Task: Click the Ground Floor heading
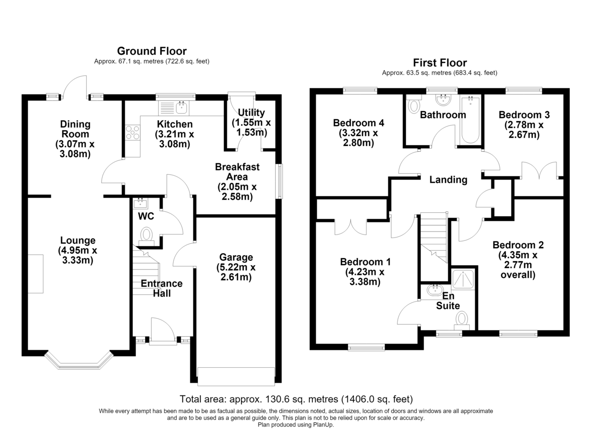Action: point(152,51)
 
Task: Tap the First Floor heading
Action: point(440,63)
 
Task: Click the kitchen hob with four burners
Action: point(132,132)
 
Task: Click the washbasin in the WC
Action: point(141,203)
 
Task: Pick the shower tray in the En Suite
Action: point(463,279)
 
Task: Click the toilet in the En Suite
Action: point(462,320)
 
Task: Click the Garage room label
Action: point(236,257)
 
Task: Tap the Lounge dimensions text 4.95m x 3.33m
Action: point(77,255)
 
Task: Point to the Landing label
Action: point(448,180)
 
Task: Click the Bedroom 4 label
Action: point(358,123)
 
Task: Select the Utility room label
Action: point(251,113)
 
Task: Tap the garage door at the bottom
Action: point(236,377)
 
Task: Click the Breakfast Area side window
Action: point(279,181)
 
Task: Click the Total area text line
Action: point(296,399)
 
